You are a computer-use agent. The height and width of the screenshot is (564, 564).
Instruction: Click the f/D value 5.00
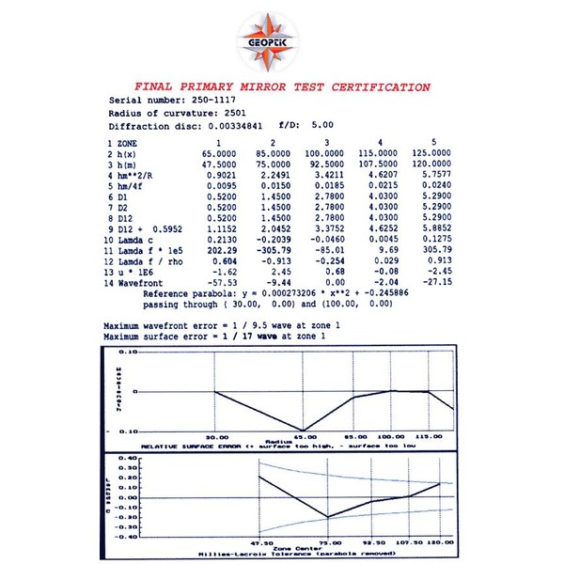coord(323,126)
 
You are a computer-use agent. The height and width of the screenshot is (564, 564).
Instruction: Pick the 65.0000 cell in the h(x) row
coord(221,152)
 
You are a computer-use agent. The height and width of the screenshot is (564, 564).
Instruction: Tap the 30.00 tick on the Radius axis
coord(217,438)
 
